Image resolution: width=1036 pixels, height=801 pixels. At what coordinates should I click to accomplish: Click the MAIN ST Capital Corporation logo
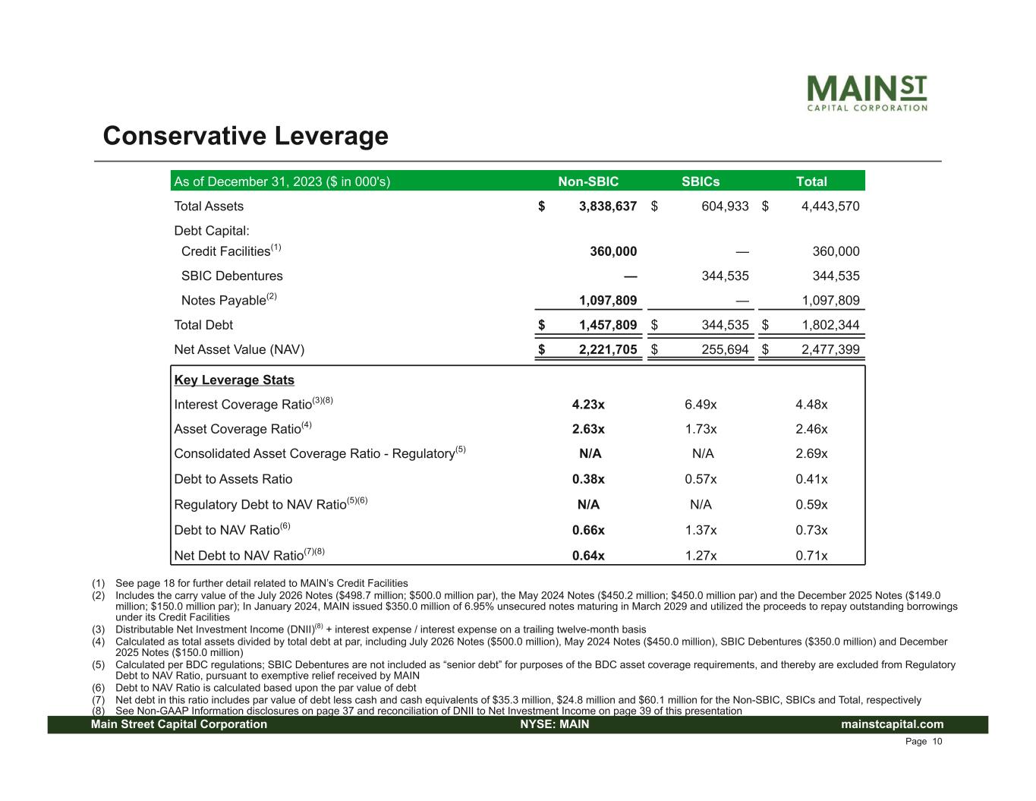pyautogui.click(x=866, y=93)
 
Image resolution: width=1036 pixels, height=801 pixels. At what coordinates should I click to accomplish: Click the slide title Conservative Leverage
pyautogui.click(x=245, y=136)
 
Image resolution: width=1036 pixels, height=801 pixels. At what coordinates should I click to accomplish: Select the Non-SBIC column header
pyautogui.click(x=588, y=181)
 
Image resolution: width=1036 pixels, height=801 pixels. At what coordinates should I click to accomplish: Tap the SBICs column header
pyautogui.click(x=700, y=181)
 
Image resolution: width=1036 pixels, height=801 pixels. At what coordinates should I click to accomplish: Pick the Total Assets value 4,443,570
pyautogui.click(x=830, y=206)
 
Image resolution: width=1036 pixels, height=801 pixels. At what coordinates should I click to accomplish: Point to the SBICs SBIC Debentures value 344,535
pyautogui.click(x=725, y=276)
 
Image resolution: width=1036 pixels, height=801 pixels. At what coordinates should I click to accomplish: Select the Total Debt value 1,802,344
pyautogui.click(x=830, y=325)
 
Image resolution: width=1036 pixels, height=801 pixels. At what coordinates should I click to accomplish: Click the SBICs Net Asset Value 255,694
pyautogui.click(x=725, y=349)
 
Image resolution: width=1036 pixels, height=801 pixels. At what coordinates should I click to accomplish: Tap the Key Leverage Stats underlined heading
pyautogui.click(x=234, y=380)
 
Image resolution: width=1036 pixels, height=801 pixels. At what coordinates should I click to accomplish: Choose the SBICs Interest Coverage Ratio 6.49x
pyautogui.click(x=701, y=404)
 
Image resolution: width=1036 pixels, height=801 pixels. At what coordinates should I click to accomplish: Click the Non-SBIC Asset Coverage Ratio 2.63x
pyautogui.click(x=588, y=429)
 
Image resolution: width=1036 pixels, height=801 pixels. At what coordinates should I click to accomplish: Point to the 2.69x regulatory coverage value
pyautogui.click(x=811, y=453)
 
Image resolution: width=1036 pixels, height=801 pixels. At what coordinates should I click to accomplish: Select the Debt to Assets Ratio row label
pyautogui.click(x=233, y=479)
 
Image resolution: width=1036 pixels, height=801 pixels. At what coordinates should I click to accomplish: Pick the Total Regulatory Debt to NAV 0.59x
pyautogui.click(x=811, y=504)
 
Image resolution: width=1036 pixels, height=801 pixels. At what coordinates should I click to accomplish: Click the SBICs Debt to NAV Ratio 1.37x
pyautogui.click(x=701, y=530)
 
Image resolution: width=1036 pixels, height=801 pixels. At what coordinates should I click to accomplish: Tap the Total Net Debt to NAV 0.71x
pyautogui.click(x=811, y=555)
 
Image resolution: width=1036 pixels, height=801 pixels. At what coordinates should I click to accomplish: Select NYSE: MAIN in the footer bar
pyautogui.click(x=554, y=724)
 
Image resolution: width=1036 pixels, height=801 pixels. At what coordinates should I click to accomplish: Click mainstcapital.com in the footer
pyautogui.click(x=892, y=724)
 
